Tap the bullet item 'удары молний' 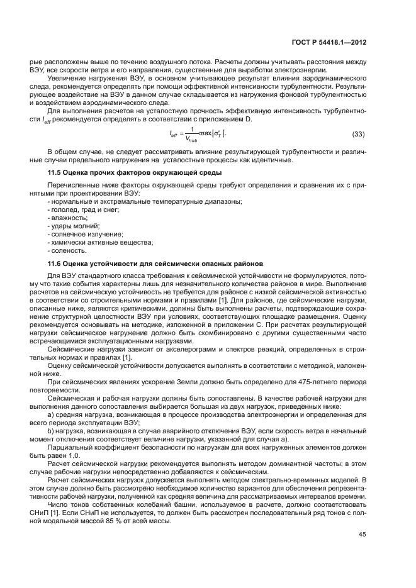pyautogui.click(x=74, y=226)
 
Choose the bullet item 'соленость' pyautogui.click(x=69, y=250)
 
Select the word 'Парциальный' pyautogui.click(x=69, y=446)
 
